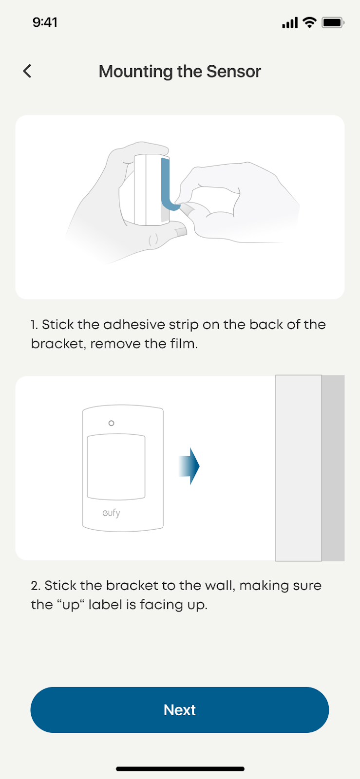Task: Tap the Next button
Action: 179,710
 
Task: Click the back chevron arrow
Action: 27,71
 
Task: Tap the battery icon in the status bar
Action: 333,22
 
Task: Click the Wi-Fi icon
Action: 309,22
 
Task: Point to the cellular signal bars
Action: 290,22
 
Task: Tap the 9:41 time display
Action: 45,22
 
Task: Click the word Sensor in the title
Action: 234,71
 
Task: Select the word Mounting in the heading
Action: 135,72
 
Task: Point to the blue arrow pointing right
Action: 189,466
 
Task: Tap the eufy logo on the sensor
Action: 111,513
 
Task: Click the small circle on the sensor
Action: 111,423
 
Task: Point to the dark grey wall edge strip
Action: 333,468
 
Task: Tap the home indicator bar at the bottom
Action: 180,769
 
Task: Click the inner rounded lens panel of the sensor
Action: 116,467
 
